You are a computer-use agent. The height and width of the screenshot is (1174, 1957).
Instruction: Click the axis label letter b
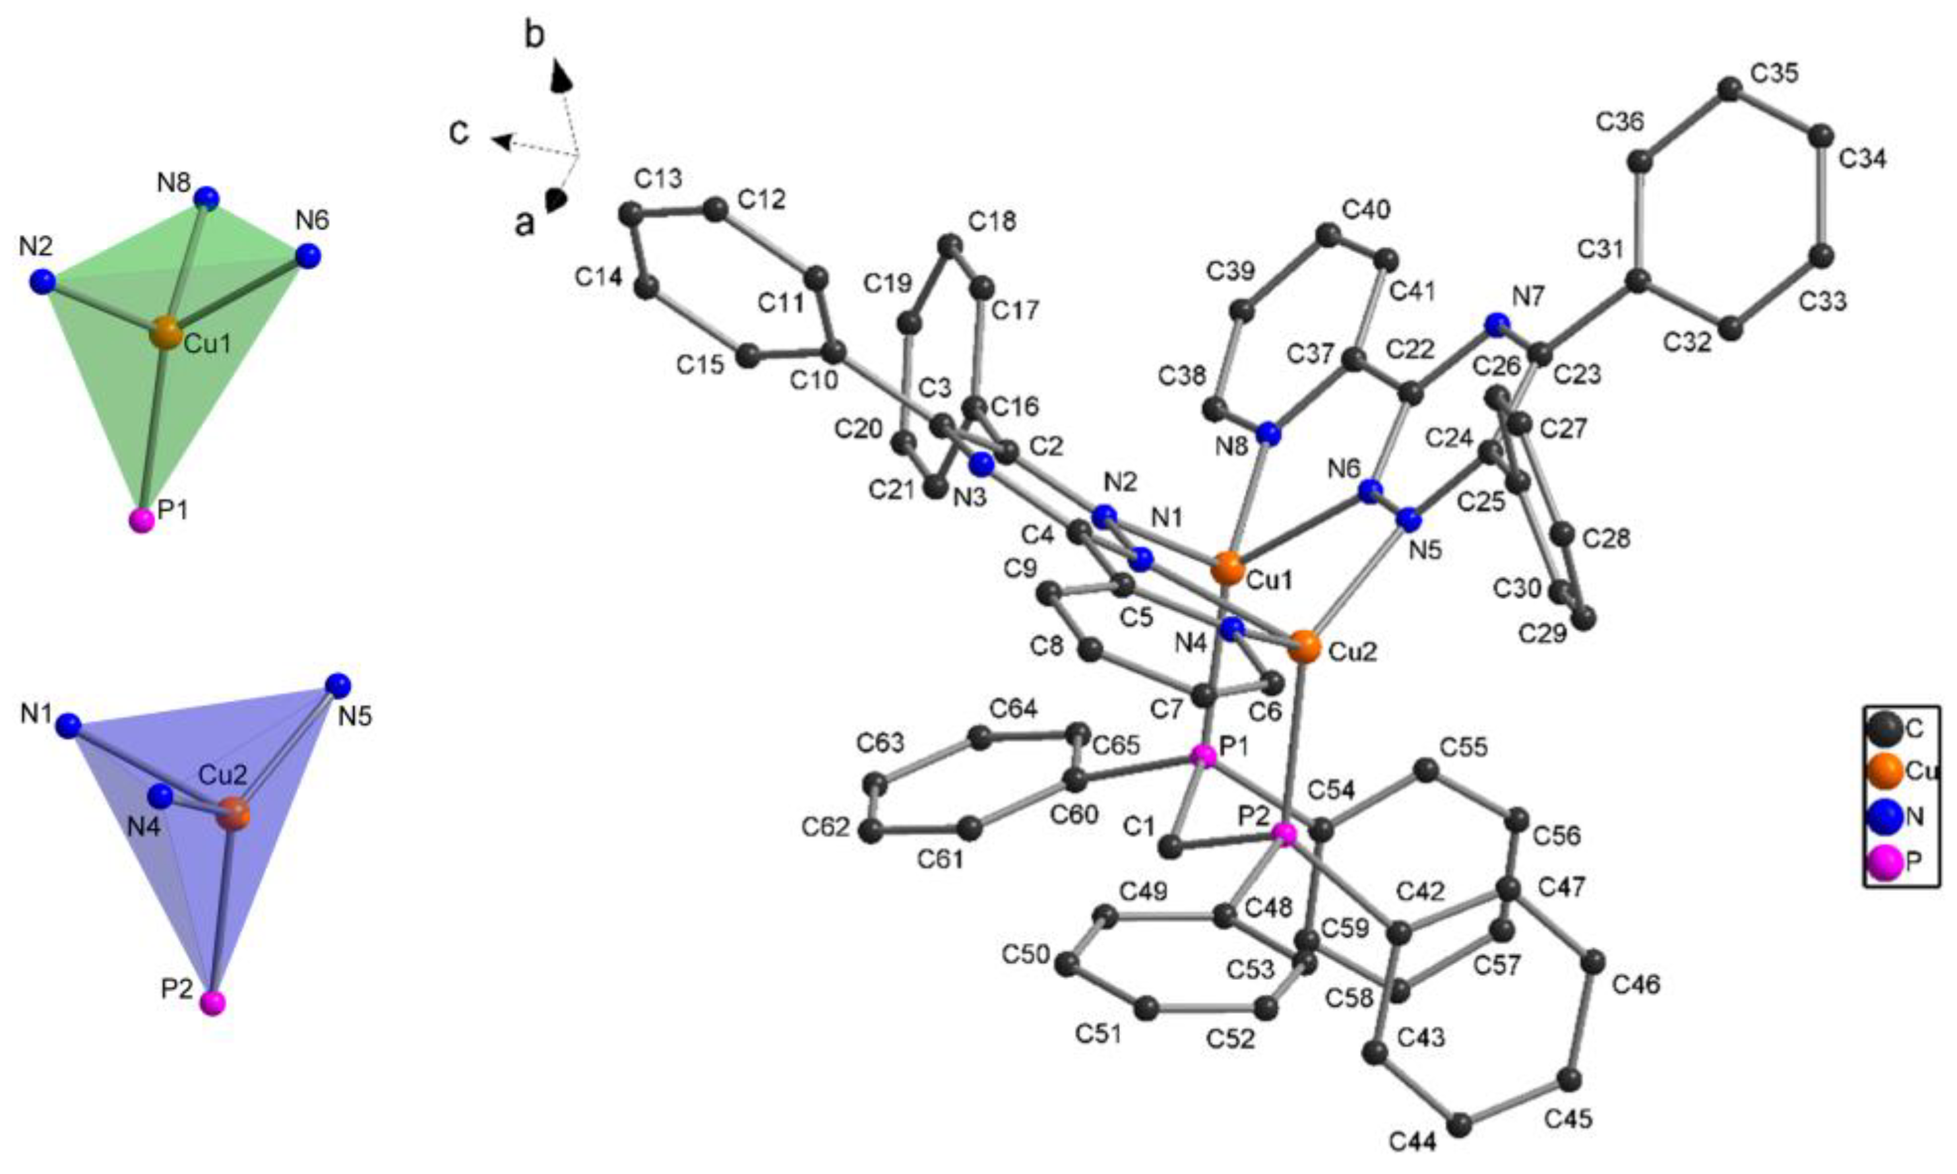(536, 36)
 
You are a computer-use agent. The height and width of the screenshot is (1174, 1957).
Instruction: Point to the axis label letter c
(459, 133)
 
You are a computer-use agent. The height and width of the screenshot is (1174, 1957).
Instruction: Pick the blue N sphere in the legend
(1884, 817)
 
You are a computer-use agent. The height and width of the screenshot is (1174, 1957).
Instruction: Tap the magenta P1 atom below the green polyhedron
(142, 521)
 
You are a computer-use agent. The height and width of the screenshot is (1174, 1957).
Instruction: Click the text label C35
(1774, 73)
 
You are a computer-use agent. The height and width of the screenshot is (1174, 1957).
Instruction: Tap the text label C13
(658, 179)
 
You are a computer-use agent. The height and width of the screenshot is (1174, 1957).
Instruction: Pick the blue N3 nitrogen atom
(982, 463)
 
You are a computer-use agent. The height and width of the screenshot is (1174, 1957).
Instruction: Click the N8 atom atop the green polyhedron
(207, 197)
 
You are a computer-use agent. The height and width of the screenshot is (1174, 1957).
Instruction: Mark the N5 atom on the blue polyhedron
(338, 684)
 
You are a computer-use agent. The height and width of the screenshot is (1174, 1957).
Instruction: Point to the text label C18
(991, 222)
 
